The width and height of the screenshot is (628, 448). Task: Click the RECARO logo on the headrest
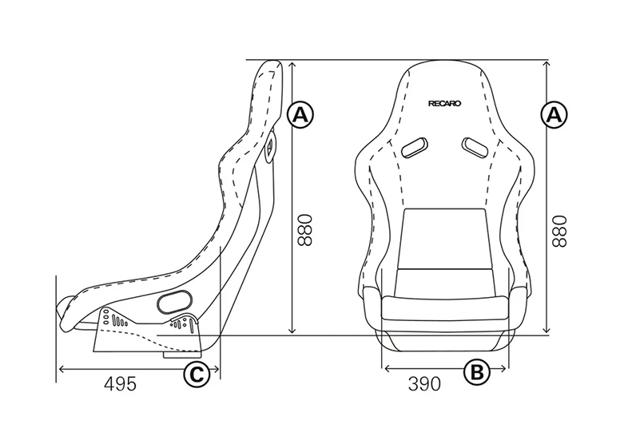[444, 102]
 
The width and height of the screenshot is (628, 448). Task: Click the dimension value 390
[424, 384]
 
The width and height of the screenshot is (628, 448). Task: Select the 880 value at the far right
[559, 229]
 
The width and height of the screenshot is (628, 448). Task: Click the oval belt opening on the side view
[175, 301]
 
